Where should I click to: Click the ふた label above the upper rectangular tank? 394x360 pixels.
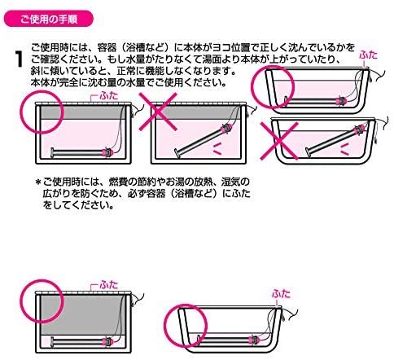tap(107, 95)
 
